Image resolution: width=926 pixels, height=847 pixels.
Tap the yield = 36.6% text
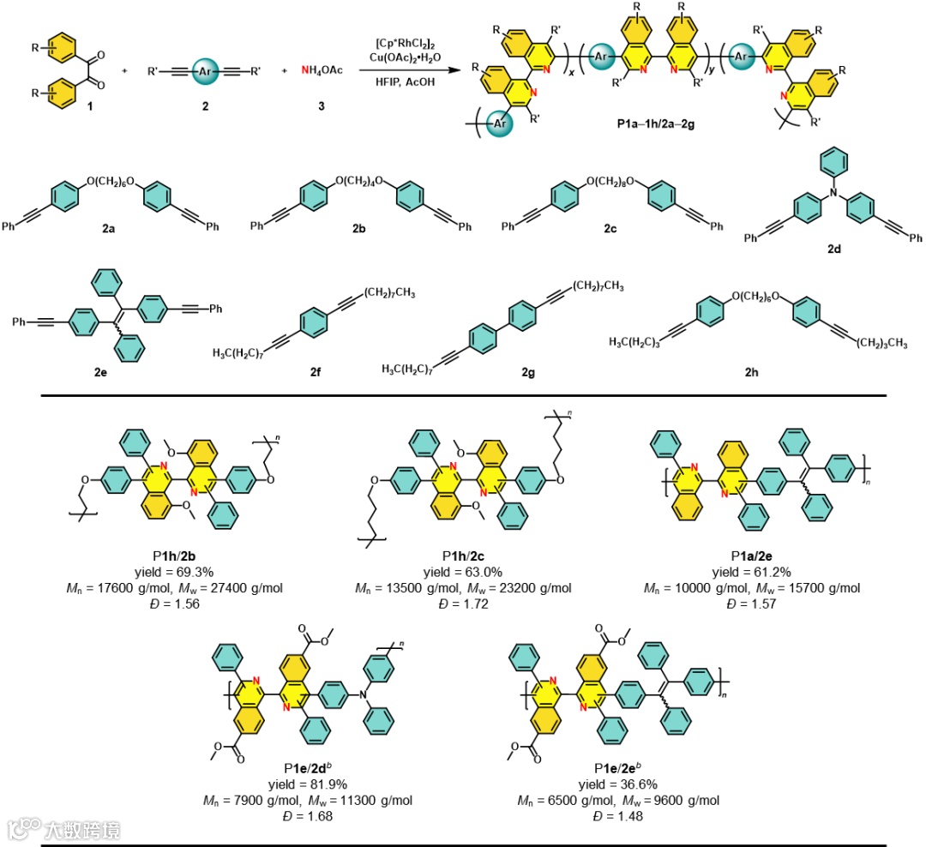(x=617, y=787)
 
